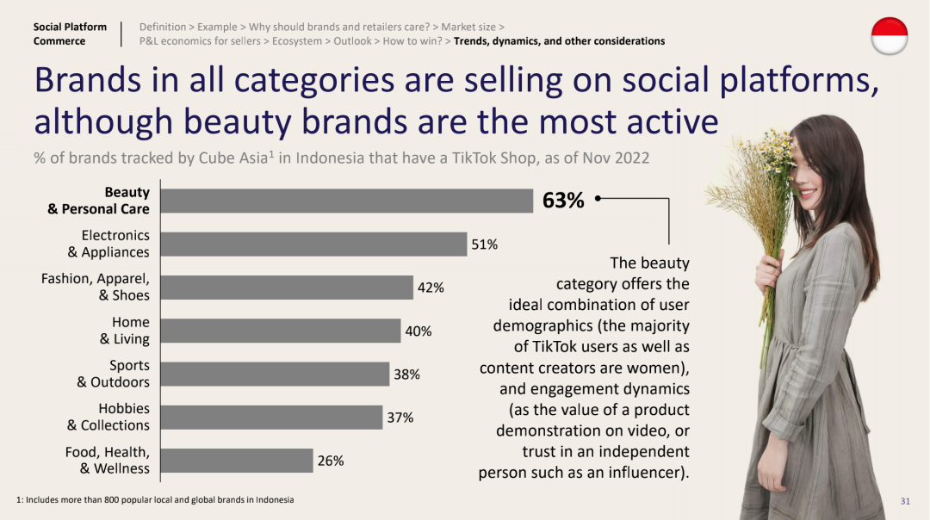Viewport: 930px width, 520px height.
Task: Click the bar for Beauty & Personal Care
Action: coord(347,201)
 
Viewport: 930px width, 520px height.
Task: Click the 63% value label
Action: coord(563,201)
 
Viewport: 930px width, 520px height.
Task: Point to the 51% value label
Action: coord(484,245)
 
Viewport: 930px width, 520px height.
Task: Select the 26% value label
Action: coord(331,461)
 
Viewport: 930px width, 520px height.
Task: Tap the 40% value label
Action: coord(418,331)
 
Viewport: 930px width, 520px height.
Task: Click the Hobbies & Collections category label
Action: coord(108,417)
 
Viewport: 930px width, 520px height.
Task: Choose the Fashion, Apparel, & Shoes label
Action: coord(96,287)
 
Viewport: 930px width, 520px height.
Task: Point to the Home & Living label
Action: coord(124,331)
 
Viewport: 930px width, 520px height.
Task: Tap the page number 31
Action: coord(905,501)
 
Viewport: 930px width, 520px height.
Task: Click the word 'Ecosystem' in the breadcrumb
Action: coord(298,40)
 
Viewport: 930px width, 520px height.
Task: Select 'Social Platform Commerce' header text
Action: coord(70,34)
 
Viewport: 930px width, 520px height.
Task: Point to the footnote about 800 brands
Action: coord(155,499)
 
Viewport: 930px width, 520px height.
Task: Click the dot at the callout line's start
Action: coord(598,199)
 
